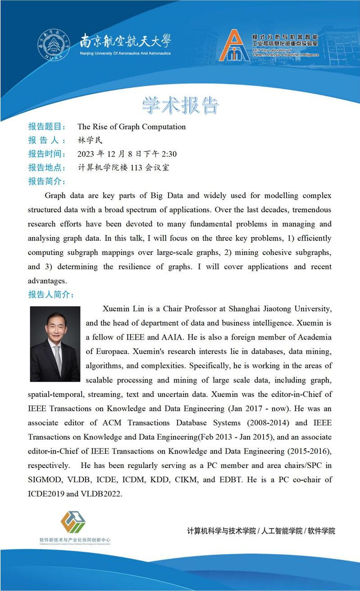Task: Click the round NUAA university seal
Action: pos(54,45)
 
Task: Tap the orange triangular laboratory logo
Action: pos(234,46)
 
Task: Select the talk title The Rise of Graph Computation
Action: pos(132,127)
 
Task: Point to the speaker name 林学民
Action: pos(90,140)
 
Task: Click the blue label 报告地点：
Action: pos(47,168)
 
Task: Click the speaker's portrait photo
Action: pos(55,344)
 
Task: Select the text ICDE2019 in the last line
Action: pos(46,494)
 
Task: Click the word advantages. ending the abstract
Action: pos(47,281)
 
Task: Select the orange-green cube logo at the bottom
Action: pos(73,522)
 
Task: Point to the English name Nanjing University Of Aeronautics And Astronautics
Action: pos(125,53)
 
